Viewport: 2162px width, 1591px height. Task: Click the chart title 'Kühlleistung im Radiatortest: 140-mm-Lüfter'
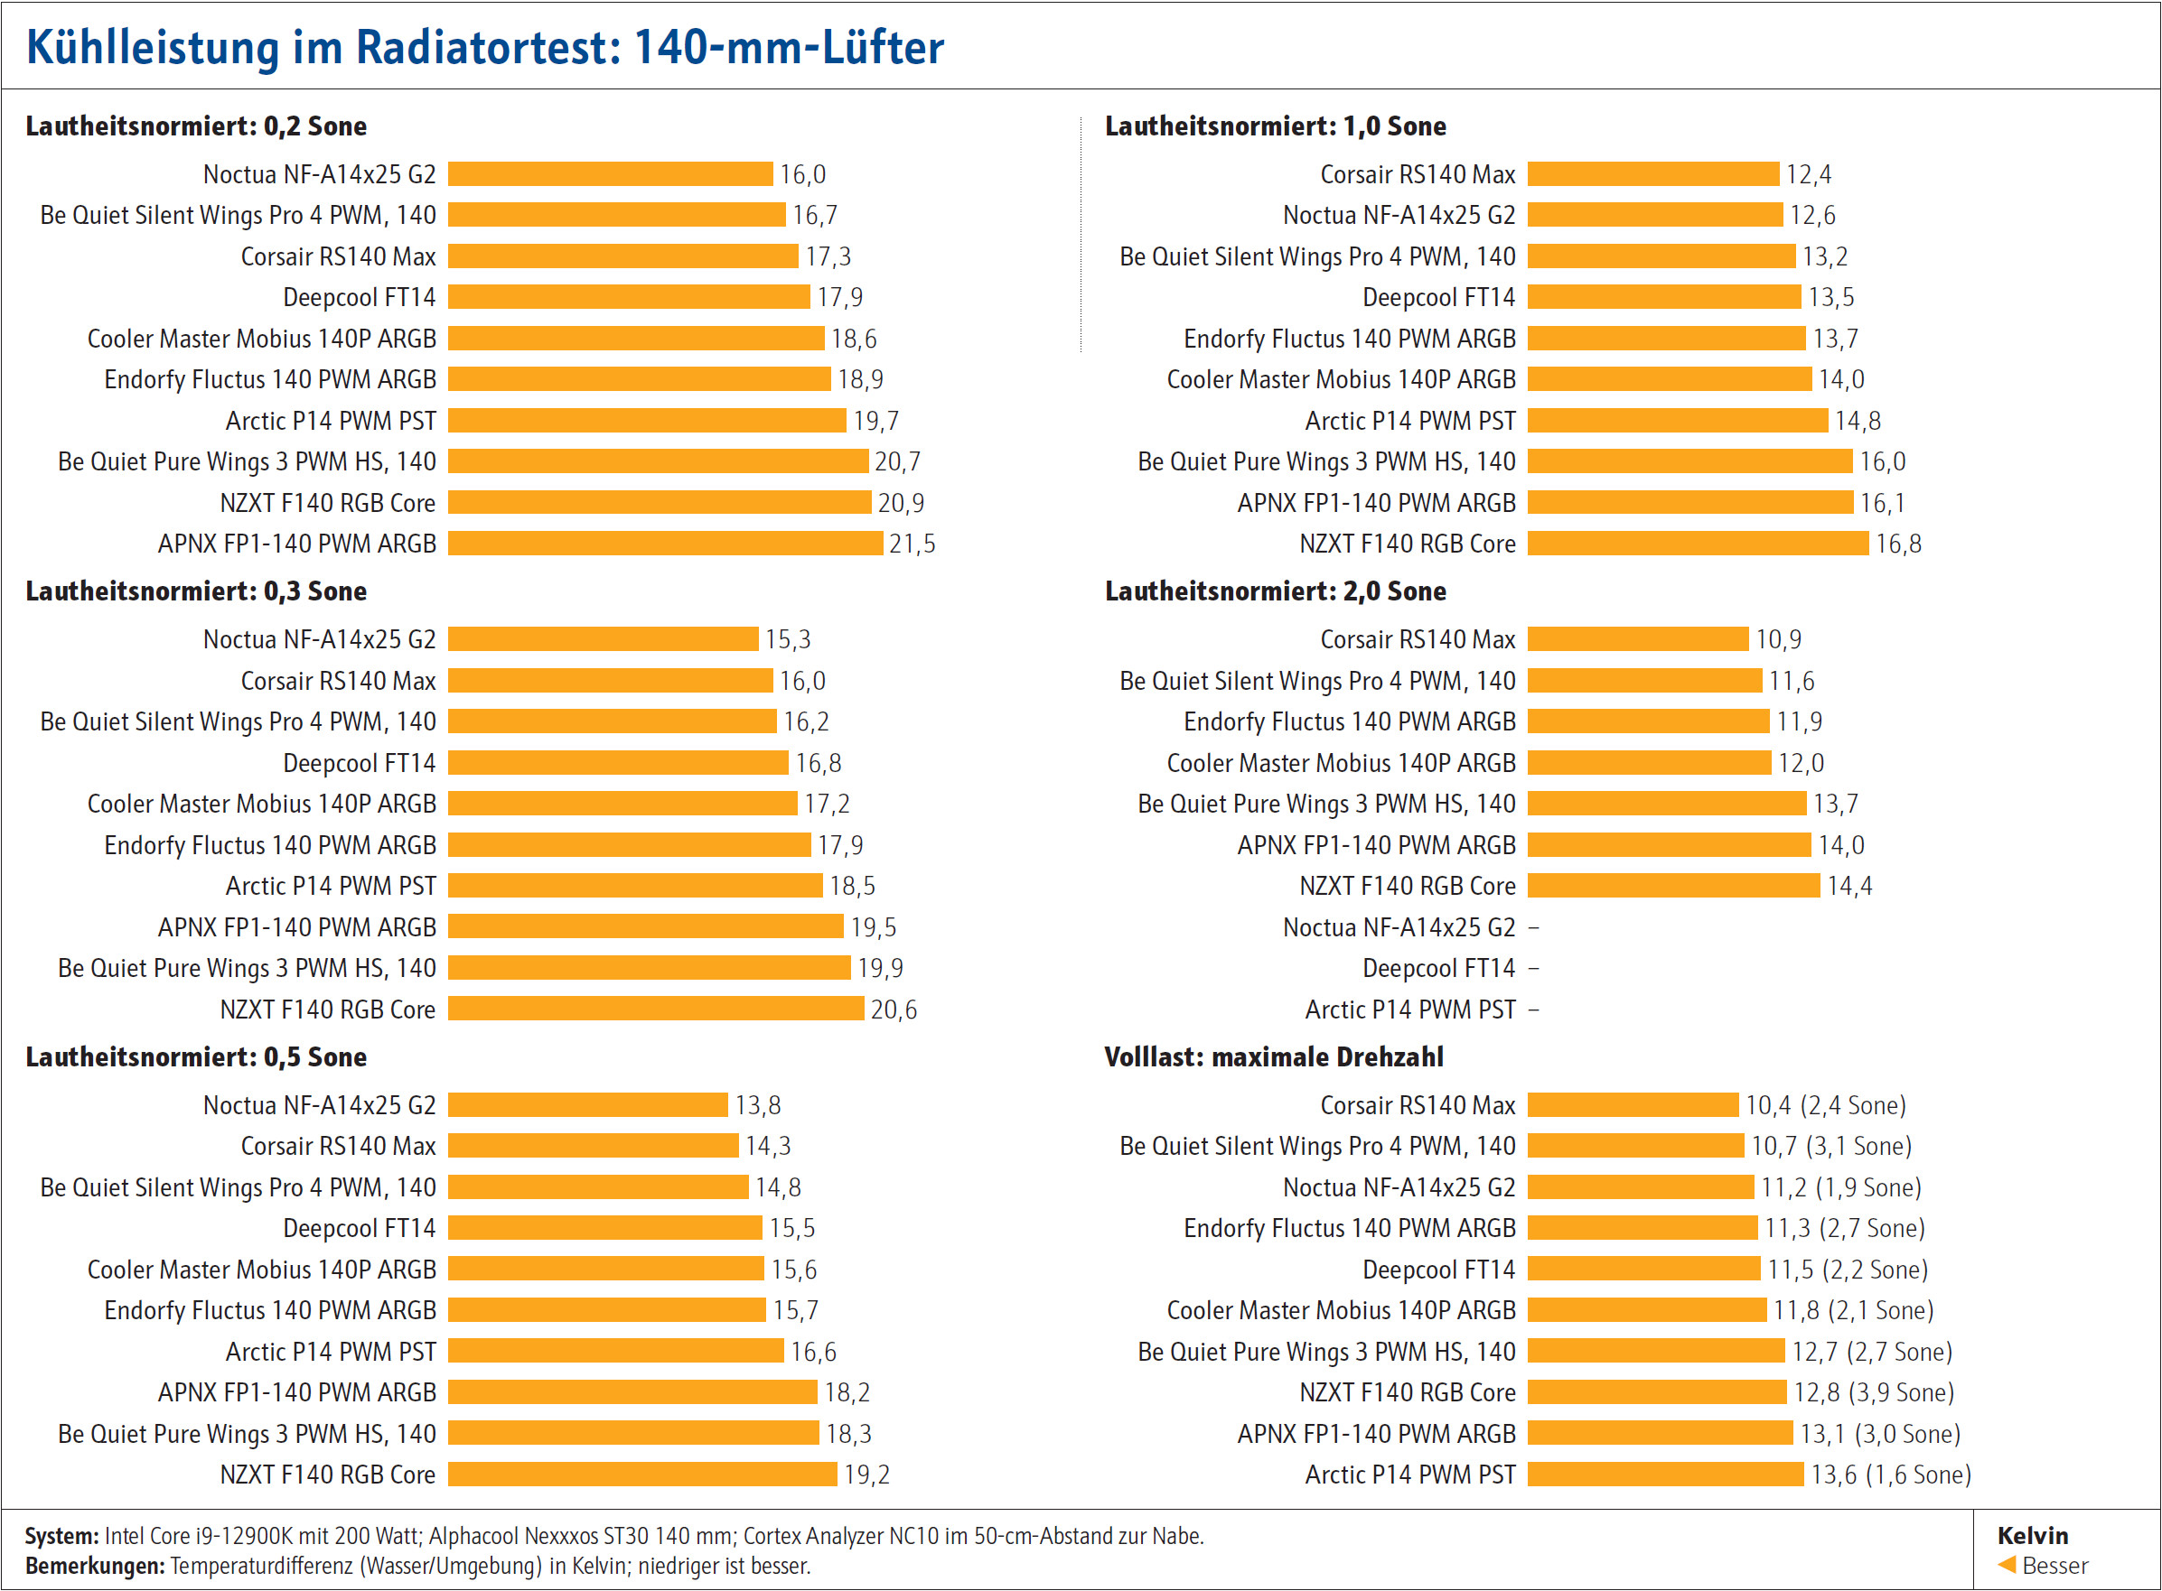click(484, 46)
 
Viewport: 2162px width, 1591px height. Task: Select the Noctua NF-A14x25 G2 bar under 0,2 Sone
click(610, 174)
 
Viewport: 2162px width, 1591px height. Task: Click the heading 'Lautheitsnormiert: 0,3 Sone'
click(195, 591)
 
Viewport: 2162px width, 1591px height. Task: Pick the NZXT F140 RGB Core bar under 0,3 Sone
click(655, 1009)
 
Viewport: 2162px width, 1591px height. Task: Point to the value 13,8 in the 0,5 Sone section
click(757, 1105)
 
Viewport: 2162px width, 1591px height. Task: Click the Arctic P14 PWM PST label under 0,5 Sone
click(331, 1352)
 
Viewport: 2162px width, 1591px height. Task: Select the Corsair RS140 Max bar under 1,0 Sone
click(1652, 174)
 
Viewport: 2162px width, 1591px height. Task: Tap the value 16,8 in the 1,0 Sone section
click(1898, 544)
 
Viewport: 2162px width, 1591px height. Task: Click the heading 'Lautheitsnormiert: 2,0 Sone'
click(1275, 591)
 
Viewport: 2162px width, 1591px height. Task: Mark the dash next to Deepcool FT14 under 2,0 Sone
click(1534, 969)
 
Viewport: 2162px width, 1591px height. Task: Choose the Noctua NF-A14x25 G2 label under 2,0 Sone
click(1398, 927)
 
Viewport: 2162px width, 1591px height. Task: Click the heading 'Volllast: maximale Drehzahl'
click(1274, 1057)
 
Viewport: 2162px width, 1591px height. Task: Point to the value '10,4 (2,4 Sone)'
click(1826, 1105)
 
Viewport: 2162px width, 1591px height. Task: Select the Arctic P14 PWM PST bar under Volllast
click(1665, 1475)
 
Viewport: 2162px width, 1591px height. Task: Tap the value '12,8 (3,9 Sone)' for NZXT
click(1873, 1392)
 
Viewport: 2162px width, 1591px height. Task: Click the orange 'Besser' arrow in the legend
click(2007, 1564)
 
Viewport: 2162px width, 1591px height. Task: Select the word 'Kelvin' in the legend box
click(2032, 1535)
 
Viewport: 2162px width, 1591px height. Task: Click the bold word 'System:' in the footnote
click(61, 1536)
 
